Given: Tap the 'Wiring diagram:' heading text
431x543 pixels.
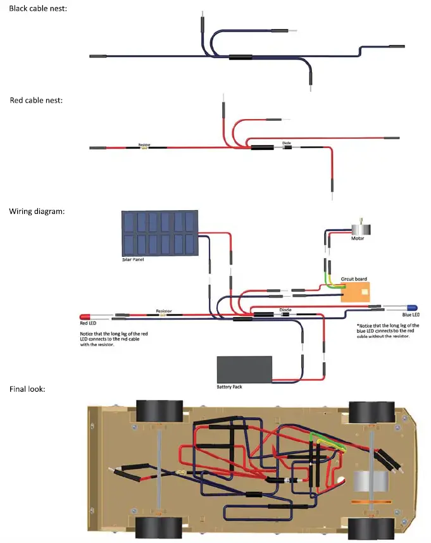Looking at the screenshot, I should tap(37, 211).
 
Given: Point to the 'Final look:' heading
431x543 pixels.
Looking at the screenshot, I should tap(27, 389).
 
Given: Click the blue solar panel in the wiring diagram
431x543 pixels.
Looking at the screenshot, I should tap(159, 233).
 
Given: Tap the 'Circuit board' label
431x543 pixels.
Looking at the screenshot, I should tap(354, 278).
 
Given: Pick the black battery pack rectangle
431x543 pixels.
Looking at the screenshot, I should tap(245, 368).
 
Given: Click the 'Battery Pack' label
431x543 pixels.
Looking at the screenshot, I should tap(230, 385).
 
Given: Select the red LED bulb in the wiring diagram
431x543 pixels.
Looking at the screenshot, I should tap(86, 316).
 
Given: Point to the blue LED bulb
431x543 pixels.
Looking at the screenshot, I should tap(409, 307).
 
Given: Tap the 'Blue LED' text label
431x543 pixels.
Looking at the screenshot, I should tap(411, 315).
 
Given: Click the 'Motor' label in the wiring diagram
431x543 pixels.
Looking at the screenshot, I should tap(358, 239).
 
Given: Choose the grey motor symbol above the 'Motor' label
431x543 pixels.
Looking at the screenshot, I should tap(359, 227).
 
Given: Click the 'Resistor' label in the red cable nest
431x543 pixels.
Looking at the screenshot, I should tap(144, 144).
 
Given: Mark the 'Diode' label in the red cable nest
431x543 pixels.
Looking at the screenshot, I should tap(287, 142).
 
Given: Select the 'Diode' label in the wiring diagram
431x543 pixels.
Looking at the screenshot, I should tap(285, 309).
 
